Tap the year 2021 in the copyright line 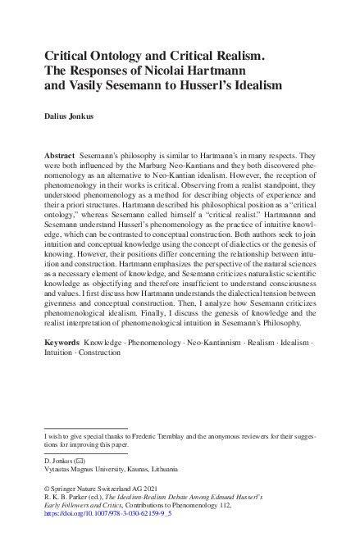pos(141,488)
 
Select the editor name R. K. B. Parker pos(66,498)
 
